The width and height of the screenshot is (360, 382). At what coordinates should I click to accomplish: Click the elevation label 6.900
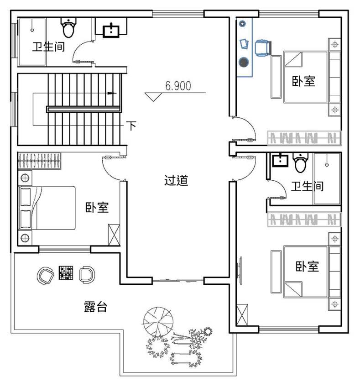(x=178, y=86)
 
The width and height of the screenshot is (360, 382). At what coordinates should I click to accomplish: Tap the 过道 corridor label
(x=176, y=181)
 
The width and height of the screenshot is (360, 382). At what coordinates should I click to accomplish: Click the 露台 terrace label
(x=95, y=307)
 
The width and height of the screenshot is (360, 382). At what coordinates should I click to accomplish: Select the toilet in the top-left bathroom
(x=68, y=27)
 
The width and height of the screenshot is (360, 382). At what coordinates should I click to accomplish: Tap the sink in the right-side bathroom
(x=280, y=160)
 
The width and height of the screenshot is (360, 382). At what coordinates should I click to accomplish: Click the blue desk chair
(x=263, y=48)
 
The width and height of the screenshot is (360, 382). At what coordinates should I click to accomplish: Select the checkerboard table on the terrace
(x=66, y=272)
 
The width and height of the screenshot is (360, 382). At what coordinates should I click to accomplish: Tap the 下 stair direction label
(x=132, y=126)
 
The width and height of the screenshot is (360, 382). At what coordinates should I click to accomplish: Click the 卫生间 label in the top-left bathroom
(x=49, y=47)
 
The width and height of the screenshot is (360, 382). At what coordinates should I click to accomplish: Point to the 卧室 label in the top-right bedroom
(x=304, y=81)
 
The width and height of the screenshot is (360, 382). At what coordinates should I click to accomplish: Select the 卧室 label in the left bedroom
(x=97, y=207)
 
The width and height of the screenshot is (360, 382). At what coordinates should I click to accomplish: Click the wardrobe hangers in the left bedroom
(x=39, y=161)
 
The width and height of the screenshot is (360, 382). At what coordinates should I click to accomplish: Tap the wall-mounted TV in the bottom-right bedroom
(x=240, y=271)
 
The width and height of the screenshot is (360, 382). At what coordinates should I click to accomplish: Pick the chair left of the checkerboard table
(x=45, y=275)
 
